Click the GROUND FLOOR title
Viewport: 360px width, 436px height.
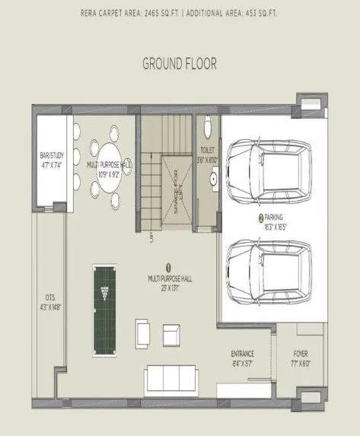pyautogui.click(x=180, y=63)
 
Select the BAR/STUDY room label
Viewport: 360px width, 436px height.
pyautogui.click(x=50, y=159)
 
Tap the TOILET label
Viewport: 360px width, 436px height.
pyautogui.click(x=208, y=150)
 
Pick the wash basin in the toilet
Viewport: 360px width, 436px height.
pyautogui.click(x=214, y=180)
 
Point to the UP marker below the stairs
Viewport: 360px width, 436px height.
pyautogui.click(x=151, y=238)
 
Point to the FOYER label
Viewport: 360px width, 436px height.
pyautogui.click(x=301, y=355)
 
